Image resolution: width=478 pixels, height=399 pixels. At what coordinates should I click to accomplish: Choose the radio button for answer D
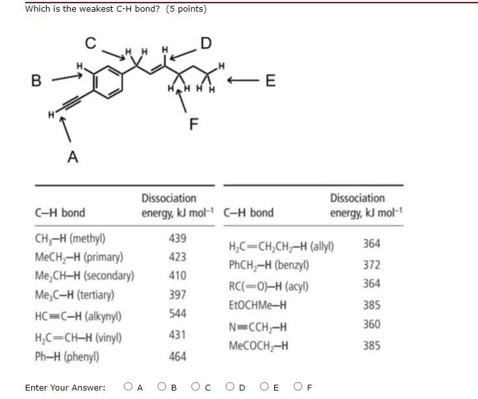[230, 387]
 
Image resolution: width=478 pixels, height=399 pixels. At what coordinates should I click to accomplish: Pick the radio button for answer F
[298, 387]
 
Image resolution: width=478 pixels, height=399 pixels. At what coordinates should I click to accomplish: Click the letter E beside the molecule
[270, 80]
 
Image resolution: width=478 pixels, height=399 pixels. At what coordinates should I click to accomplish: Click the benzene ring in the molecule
[108, 83]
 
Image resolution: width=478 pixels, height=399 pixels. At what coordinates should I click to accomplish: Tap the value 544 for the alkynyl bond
[177, 313]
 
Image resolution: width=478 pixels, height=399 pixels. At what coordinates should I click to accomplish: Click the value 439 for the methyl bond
[177, 238]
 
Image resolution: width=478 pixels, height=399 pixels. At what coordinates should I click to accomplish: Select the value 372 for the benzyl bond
[372, 265]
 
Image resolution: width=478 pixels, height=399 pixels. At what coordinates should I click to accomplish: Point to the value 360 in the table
[372, 324]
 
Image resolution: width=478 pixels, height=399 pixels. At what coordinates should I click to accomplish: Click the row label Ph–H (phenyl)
[67, 357]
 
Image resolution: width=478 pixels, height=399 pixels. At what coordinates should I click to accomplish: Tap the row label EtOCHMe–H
[257, 305]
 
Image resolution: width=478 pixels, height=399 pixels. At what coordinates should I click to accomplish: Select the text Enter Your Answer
[65, 388]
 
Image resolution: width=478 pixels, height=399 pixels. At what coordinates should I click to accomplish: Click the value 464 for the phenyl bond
[177, 356]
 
